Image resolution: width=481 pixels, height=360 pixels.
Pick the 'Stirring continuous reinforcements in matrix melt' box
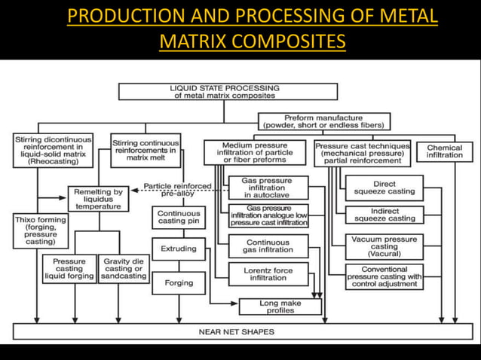point(146,151)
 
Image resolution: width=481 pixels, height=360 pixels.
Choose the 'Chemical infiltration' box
point(444,151)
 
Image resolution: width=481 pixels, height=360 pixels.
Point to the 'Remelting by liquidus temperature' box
point(98,198)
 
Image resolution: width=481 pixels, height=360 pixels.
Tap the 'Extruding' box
point(178,249)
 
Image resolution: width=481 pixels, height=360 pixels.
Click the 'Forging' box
point(178,283)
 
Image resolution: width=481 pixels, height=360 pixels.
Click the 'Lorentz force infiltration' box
point(268,274)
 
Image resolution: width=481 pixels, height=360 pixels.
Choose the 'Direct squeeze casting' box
point(384,188)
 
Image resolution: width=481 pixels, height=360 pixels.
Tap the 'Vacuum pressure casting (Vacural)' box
point(384,246)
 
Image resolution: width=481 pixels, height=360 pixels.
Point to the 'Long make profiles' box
point(279,306)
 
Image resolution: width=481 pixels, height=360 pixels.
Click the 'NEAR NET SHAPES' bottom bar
point(242,331)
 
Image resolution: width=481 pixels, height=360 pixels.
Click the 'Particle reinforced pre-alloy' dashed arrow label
point(179,188)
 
